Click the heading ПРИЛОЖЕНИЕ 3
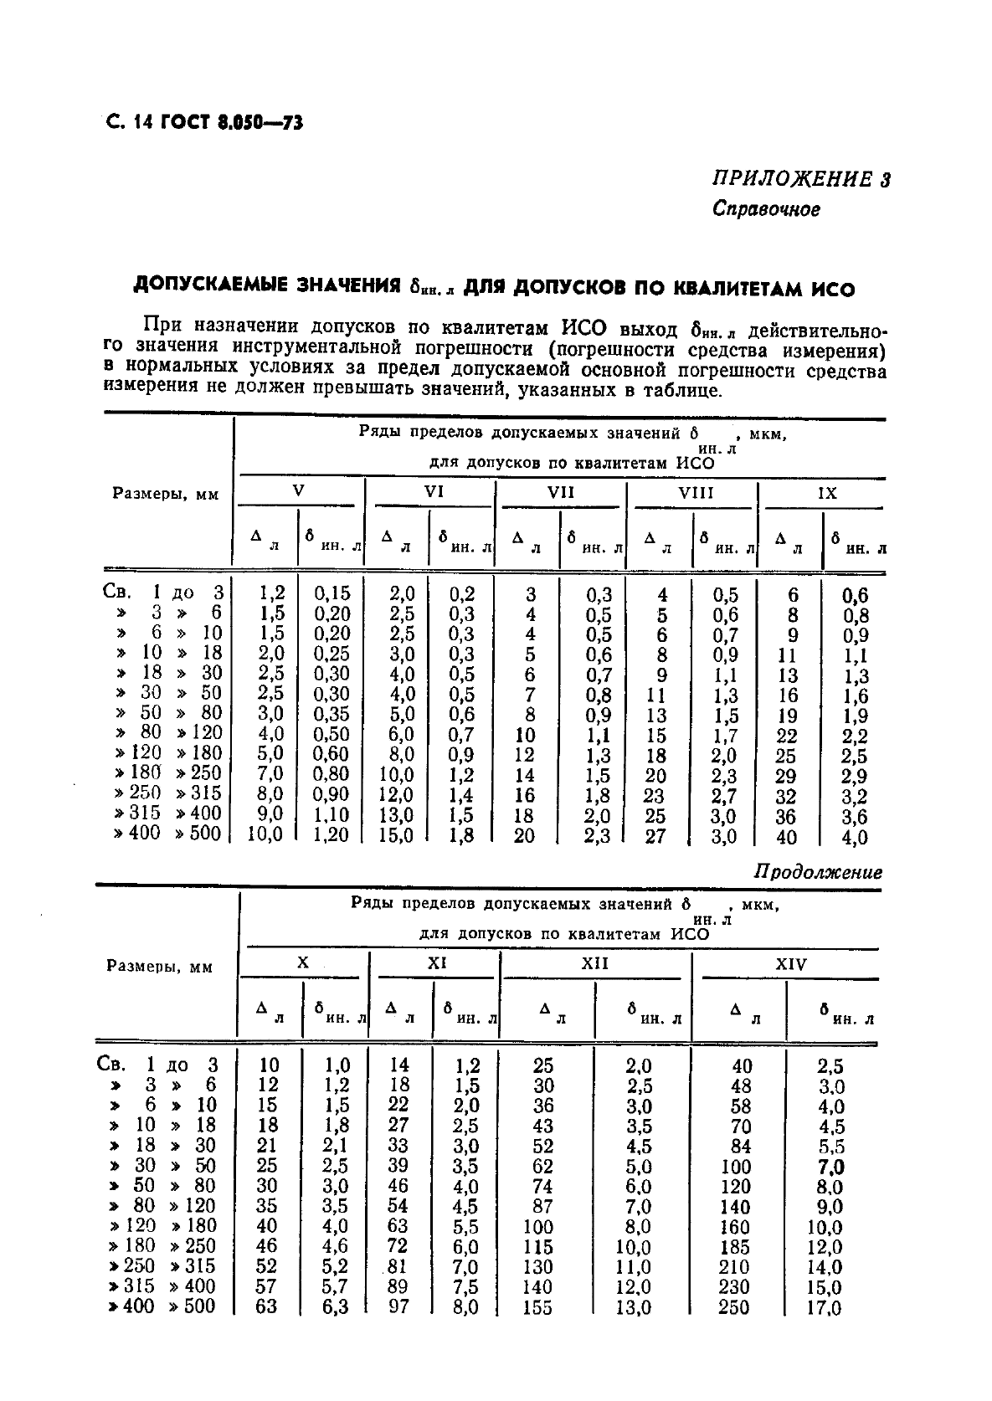[x=801, y=179]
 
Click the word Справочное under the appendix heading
[x=766, y=208]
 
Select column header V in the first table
[x=299, y=490]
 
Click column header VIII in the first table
[x=696, y=493]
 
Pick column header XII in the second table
[x=594, y=963]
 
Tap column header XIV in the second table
[x=790, y=964]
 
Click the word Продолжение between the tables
[x=818, y=872]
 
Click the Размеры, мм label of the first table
[x=165, y=494]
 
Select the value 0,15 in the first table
[x=332, y=593]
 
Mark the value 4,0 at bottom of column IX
[x=854, y=837]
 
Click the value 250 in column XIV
[x=733, y=1306]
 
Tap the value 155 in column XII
[x=537, y=1306]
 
